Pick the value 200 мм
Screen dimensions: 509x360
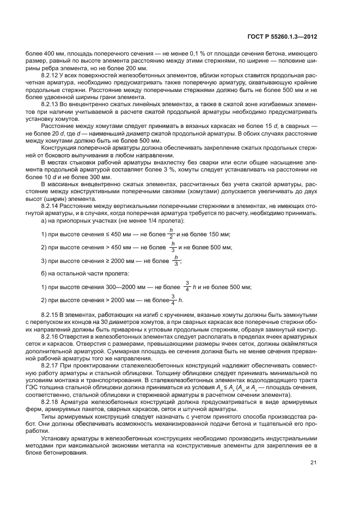point(129,68)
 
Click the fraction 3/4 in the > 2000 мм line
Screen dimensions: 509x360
point(173,300)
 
